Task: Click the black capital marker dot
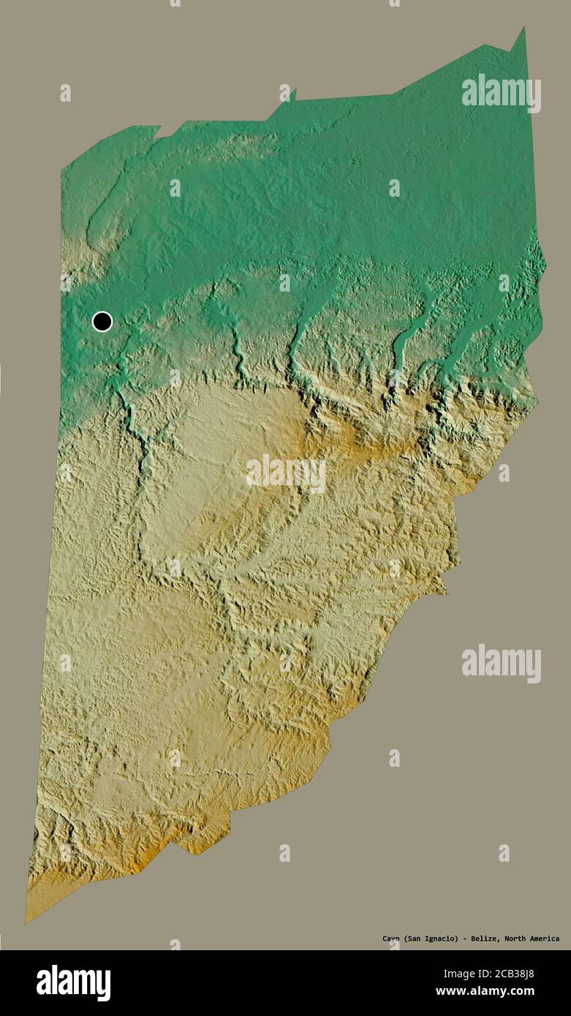tap(102, 321)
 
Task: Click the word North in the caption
tap(514, 939)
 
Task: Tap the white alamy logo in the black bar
tap(73, 982)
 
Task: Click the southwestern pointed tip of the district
tap(28, 921)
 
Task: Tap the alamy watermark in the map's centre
tap(286, 474)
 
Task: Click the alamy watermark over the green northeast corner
tap(502, 93)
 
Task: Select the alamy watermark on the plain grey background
tap(502, 663)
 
